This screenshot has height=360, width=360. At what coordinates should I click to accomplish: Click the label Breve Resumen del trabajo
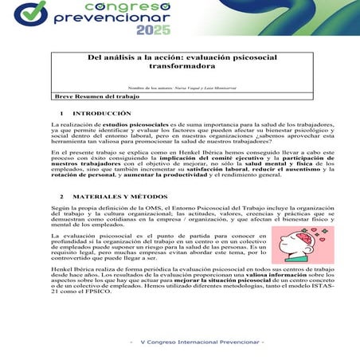89,96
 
